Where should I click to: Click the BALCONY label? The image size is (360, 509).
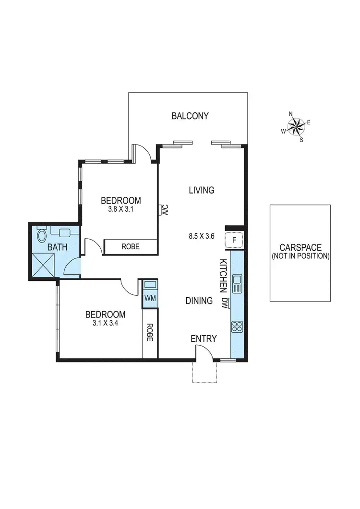click(x=190, y=116)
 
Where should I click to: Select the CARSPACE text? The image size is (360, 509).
click(x=300, y=248)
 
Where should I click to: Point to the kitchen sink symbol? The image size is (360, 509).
click(x=237, y=283)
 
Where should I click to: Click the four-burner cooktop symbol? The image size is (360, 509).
click(x=237, y=327)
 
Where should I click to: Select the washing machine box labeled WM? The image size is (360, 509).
click(x=150, y=298)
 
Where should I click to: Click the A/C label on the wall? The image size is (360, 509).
click(x=165, y=210)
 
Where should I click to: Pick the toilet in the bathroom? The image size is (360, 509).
click(x=41, y=236)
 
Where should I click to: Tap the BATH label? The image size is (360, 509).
click(x=57, y=248)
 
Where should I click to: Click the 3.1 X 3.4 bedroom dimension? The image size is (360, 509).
click(x=105, y=323)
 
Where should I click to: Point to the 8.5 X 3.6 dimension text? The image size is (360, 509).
click(x=201, y=236)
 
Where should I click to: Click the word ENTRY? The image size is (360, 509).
click(x=204, y=339)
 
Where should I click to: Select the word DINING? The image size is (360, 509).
click(x=199, y=301)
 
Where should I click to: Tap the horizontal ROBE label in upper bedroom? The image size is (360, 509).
click(x=131, y=246)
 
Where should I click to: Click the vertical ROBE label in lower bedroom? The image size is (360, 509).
click(x=150, y=332)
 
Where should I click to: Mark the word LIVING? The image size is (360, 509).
click(x=201, y=190)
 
